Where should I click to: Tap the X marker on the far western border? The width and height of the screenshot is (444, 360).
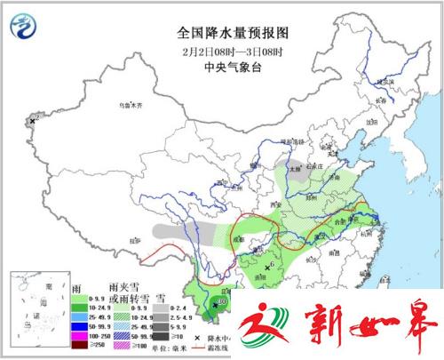pyautogui.click(x=34, y=120)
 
